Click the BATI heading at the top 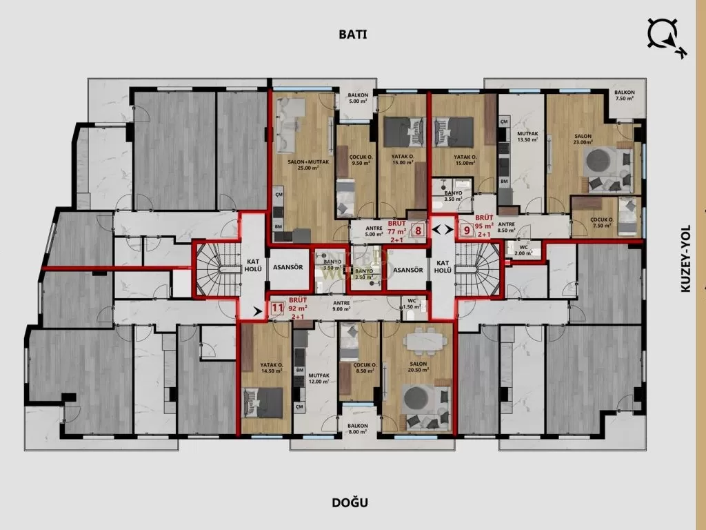point(352,34)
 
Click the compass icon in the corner point(665,37)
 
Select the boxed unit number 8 point(418,232)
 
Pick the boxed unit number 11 point(277,309)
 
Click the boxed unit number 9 point(466,231)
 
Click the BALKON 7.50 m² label point(625,95)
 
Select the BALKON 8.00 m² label point(357,429)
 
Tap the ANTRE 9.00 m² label point(342,306)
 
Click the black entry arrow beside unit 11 point(258,312)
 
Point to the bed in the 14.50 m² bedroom point(263,403)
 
